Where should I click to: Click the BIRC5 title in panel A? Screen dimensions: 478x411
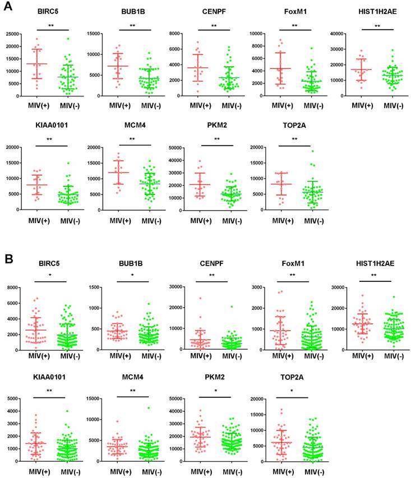(49, 11)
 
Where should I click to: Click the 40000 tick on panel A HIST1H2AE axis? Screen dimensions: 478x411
(340, 34)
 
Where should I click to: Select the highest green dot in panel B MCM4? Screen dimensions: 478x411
(149, 408)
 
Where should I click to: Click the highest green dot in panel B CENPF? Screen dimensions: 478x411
(231, 307)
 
